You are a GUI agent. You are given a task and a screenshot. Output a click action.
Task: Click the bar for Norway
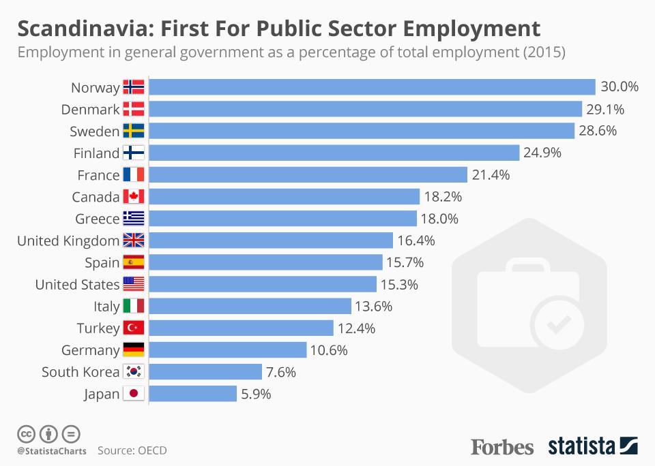coord(372,87)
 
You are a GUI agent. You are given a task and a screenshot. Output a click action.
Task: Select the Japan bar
coord(193,394)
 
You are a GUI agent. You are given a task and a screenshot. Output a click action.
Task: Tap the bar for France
coord(308,175)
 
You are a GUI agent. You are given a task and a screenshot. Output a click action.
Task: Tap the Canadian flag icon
coord(134,197)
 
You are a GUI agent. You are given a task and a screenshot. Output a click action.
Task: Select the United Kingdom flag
coord(134,240)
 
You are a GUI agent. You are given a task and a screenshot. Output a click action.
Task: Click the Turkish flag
coord(134,328)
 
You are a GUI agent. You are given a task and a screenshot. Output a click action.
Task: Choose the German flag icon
coord(134,350)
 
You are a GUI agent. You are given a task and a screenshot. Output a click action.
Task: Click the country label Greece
coord(98,219)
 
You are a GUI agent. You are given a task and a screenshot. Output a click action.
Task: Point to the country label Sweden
coord(94,131)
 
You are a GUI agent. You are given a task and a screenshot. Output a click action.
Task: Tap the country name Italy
coord(106,307)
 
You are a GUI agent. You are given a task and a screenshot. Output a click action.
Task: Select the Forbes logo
coord(502,447)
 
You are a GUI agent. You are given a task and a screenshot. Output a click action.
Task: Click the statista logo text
coord(581,447)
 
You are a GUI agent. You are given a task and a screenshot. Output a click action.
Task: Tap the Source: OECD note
coord(132,450)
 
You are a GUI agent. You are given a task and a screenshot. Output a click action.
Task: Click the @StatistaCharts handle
coord(52,451)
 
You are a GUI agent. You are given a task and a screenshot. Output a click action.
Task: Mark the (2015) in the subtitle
coord(543,52)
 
